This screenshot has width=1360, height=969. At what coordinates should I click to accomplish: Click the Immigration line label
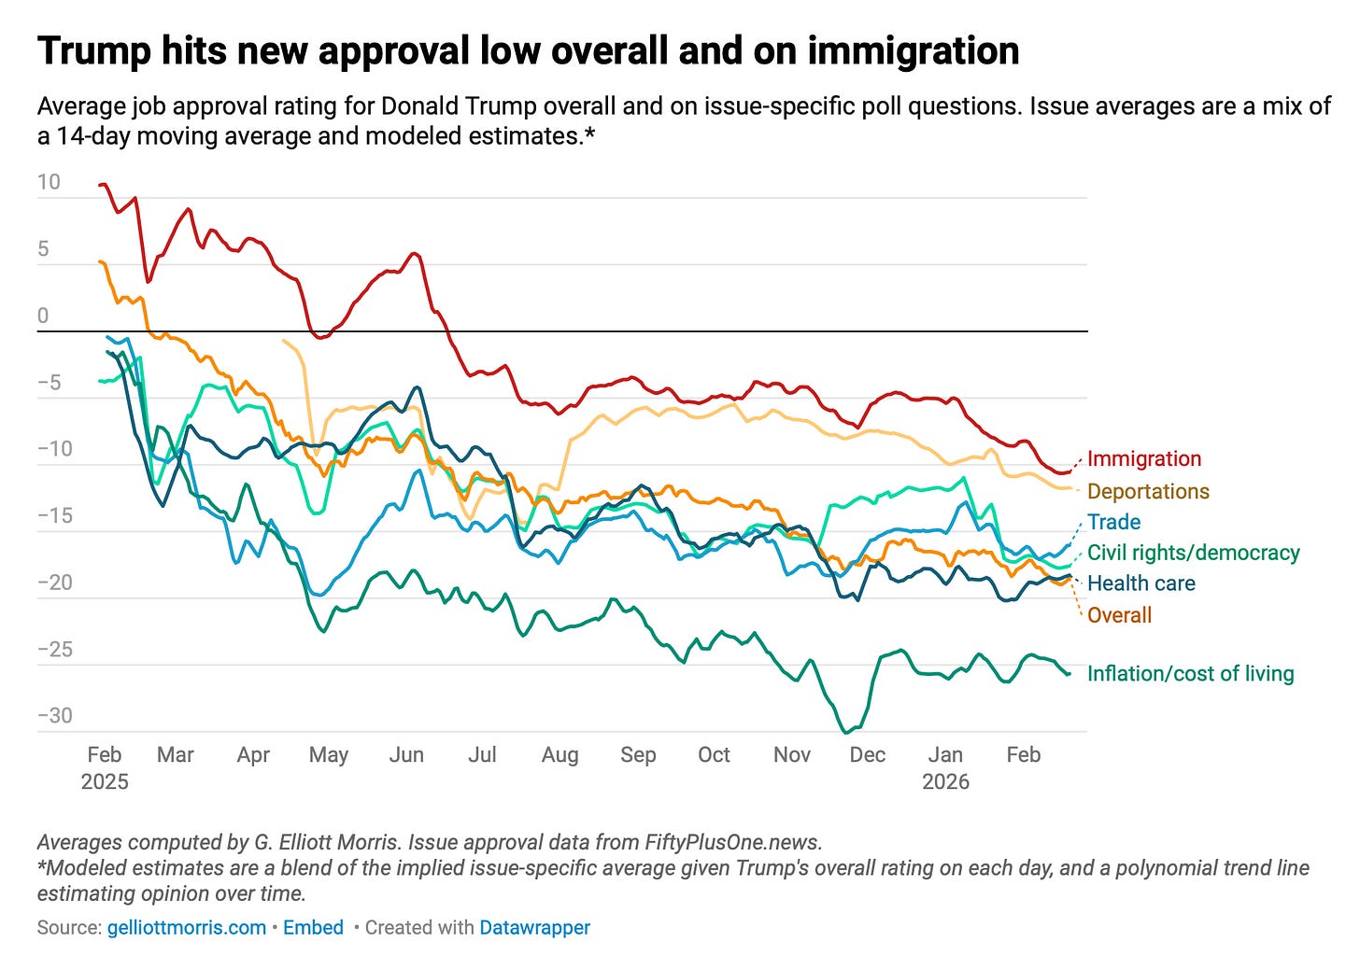(1144, 458)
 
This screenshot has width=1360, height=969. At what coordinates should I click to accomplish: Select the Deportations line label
(1148, 491)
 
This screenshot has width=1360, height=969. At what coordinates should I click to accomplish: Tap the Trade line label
(1113, 522)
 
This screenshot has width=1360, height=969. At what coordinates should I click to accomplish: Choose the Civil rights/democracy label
(1193, 553)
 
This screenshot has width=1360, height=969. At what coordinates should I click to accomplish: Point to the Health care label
(1140, 583)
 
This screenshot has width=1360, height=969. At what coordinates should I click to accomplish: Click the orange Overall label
(1119, 615)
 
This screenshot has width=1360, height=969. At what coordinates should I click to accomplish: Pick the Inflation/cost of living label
(1190, 674)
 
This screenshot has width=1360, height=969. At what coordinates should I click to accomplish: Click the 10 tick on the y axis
(49, 182)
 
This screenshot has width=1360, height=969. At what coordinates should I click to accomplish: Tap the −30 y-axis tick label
(54, 716)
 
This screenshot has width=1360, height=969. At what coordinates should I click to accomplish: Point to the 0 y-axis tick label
(43, 316)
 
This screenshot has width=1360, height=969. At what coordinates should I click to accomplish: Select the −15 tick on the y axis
(54, 516)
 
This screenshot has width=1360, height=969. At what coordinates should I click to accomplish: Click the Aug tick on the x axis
(560, 754)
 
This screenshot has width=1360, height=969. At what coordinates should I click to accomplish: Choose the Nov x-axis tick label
(792, 754)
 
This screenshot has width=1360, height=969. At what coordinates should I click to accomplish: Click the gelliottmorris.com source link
(187, 928)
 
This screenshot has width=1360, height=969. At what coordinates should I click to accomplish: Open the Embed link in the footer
(313, 928)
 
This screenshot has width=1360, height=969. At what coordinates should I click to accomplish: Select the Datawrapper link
(534, 928)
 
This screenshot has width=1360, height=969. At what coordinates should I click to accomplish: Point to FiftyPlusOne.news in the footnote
(732, 842)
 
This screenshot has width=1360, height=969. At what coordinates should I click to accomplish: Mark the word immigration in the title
(913, 51)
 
